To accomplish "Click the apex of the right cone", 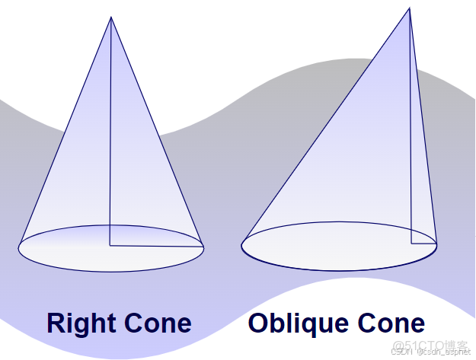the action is click(110, 17).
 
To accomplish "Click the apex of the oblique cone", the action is click(410, 8).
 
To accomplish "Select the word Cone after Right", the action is click(158, 323).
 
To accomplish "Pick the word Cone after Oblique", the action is click(391, 323).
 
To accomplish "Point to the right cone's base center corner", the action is click(110, 245).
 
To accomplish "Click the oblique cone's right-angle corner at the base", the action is click(411, 244).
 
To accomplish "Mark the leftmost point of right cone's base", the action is click(18, 248).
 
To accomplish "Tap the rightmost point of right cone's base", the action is click(203, 248).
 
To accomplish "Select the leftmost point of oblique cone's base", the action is click(241, 246).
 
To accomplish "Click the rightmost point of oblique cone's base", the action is click(437, 245).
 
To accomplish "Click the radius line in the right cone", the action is click(156, 246).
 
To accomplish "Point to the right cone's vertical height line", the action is click(110, 131).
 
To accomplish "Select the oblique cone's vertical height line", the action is click(411, 126).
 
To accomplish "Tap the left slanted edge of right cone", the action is click(65, 132).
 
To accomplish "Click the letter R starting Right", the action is click(56, 323).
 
